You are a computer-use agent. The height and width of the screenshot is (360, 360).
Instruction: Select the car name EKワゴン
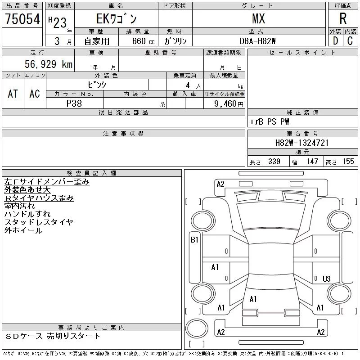tap(116, 19)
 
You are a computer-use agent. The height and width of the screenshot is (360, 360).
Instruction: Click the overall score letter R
tap(343, 19)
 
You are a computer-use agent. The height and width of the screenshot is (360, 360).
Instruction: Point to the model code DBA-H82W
tap(259, 41)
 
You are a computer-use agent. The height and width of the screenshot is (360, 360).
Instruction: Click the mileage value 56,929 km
tap(49, 64)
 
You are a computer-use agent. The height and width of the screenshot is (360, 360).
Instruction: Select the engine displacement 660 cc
tap(138, 41)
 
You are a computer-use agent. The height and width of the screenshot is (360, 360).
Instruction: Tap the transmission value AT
tap(13, 94)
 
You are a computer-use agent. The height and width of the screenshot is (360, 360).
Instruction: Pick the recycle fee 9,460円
tap(229, 103)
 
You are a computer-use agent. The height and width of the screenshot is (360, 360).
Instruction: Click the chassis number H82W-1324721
tap(302, 143)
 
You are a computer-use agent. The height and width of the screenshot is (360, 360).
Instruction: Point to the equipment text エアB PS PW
tap(270, 121)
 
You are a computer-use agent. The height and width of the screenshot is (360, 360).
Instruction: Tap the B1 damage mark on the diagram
tap(194, 240)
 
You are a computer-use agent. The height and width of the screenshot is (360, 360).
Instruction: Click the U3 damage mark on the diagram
tap(327, 279)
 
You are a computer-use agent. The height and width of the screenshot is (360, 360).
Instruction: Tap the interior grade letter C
tap(350, 41)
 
